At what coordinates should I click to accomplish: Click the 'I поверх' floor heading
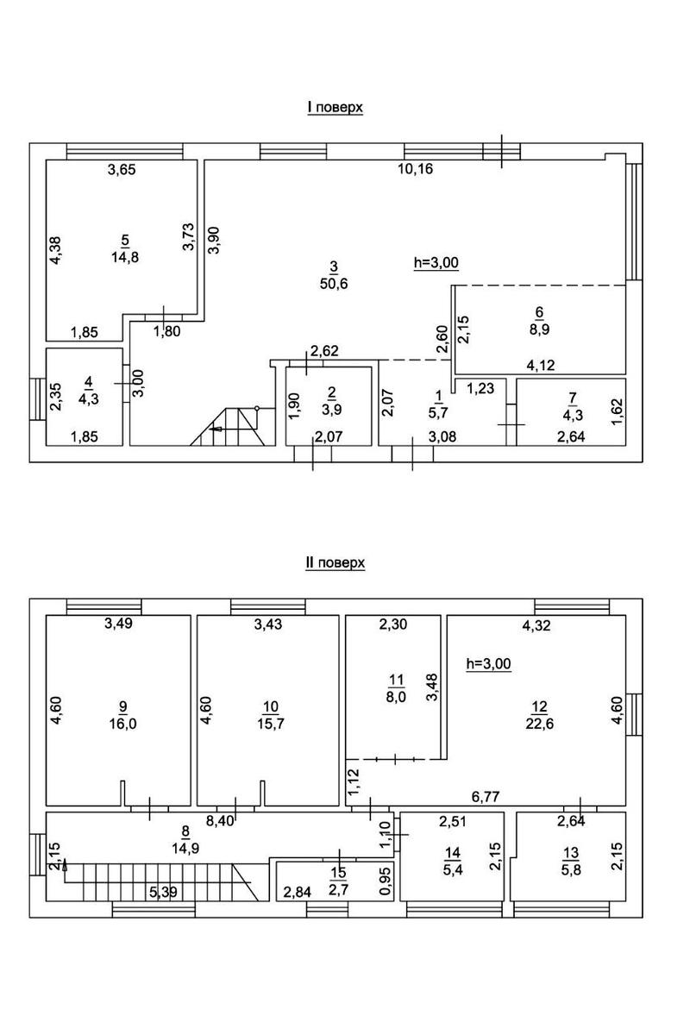coord(336,108)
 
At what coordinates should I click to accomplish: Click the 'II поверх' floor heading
coord(336,563)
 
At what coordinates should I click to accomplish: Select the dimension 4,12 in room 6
coord(541,366)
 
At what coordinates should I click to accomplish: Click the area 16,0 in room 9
coord(123,724)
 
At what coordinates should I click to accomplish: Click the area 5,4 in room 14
coord(452,869)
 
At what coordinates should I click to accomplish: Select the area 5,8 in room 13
coord(570,869)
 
